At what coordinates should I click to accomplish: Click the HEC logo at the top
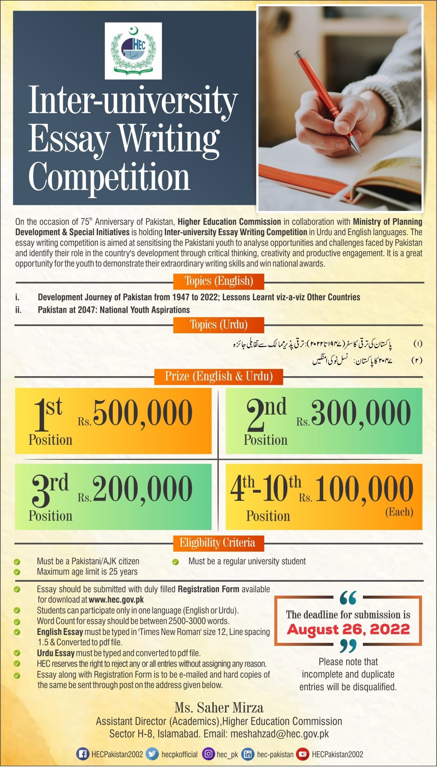point(133,51)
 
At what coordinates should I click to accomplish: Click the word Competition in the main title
point(109,177)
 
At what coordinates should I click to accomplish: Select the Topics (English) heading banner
point(218,281)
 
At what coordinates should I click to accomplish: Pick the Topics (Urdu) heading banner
point(218,325)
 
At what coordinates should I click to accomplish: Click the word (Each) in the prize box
point(399,512)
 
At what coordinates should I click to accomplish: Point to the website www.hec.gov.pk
point(116,599)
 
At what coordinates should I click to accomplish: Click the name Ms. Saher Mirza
point(219,707)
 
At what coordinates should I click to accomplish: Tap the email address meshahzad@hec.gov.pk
point(280,734)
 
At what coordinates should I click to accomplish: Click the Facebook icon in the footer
point(82,754)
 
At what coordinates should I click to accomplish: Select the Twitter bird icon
point(152,754)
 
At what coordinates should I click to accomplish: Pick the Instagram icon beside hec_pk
point(208,754)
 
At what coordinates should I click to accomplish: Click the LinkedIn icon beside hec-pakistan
point(248,754)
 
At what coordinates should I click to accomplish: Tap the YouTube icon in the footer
point(302,754)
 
